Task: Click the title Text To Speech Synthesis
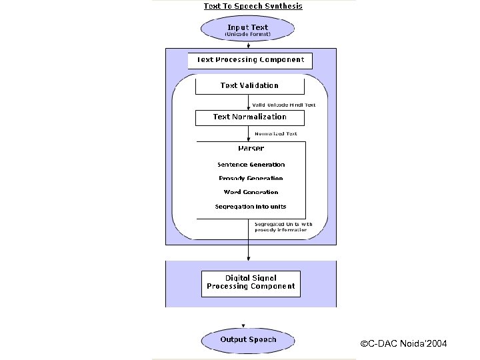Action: coord(253,6)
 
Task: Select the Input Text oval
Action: coord(247,30)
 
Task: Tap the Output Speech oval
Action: coord(248,340)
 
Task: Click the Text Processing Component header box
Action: coord(250,60)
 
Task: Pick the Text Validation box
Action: coord(249,85)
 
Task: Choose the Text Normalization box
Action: coord(249,117)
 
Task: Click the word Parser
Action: coord(251,148)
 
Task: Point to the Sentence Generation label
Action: coord(251,165)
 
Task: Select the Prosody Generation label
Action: coord(251,179)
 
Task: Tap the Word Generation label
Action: coord(251,193)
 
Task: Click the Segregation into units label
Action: coord(251,207)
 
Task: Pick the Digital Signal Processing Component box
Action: coord(250,283)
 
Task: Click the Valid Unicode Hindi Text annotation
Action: coord(283,105)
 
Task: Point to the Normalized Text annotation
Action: coord(276,134)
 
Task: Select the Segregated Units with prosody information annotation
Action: coord(283,227)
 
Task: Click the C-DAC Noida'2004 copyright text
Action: coord(403,344)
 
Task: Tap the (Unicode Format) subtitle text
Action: coord(247,34)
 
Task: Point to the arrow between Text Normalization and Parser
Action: coord(249,133)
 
